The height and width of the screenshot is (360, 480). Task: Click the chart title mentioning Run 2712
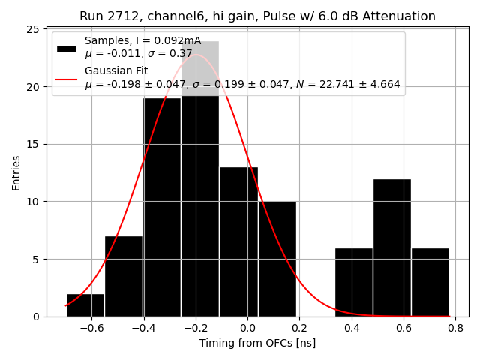point(257,16)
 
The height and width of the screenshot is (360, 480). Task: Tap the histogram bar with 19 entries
point(161,210)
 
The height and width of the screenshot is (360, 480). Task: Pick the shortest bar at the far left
point(85,305)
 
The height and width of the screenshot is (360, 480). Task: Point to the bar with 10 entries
point(277,259)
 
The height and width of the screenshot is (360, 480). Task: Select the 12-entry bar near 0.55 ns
point(391,247)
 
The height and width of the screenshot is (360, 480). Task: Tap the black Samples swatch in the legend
point(67,48)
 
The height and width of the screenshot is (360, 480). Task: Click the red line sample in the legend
point(67,78)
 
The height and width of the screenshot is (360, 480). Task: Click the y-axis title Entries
point(16,172)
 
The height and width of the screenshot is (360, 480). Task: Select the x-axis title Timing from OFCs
point(257,343)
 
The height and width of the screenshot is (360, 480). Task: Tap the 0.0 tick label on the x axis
point(247,328)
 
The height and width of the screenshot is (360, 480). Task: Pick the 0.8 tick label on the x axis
point(455,328)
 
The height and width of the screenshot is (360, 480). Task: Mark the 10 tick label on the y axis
point(34,202)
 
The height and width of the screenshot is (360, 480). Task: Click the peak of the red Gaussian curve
point(196,55)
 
